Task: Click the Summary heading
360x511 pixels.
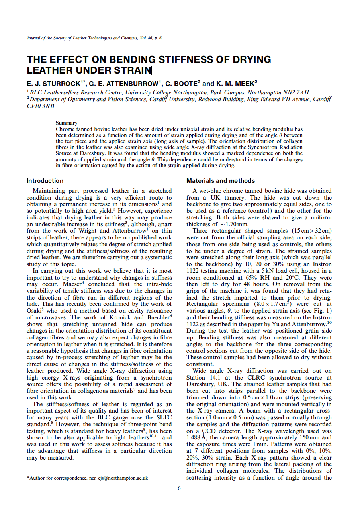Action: [x=67, y=123]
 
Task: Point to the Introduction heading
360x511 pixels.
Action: [x=45, y=181]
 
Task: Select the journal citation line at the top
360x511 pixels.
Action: [x=94, y=38]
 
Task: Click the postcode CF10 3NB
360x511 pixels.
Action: [x=40, y=106]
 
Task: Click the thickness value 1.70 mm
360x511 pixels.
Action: [x=226, y=224]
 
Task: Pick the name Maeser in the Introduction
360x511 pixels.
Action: [x=72, y=284]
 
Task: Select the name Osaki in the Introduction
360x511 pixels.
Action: [x=36, y=311]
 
